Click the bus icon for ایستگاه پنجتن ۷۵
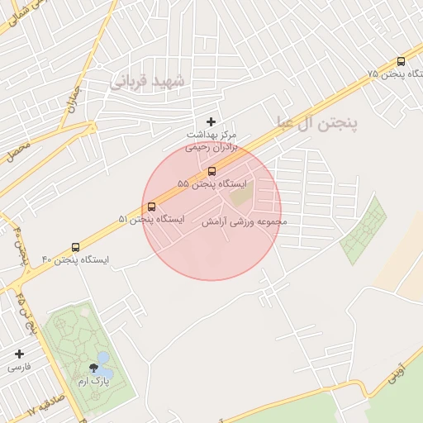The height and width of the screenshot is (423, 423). tap(401, 61)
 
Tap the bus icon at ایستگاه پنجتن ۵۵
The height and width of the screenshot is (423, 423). tap(211, 171)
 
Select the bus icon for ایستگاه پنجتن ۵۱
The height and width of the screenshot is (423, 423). tap(151, 207)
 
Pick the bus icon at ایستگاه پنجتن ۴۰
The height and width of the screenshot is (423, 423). tap(76, 247)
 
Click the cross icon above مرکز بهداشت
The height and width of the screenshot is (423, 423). tap(211, 121)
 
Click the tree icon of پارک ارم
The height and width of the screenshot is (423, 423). tap(92, 368)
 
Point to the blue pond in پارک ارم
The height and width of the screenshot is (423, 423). tap(102, 359)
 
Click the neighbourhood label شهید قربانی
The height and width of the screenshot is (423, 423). tap(150, 81)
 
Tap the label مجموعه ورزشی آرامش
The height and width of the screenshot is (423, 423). tap(245, 221)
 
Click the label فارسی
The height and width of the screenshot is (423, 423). tap(19, 366)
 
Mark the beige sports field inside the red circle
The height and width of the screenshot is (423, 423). tap(241, 196)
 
